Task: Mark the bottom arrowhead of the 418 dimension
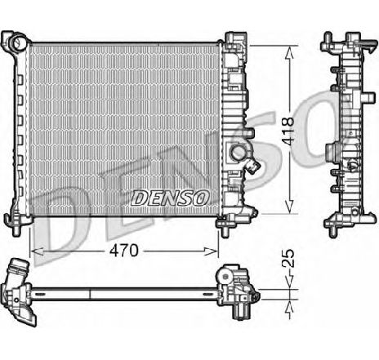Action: click(288, 211)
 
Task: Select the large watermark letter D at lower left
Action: click(61, 220)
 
